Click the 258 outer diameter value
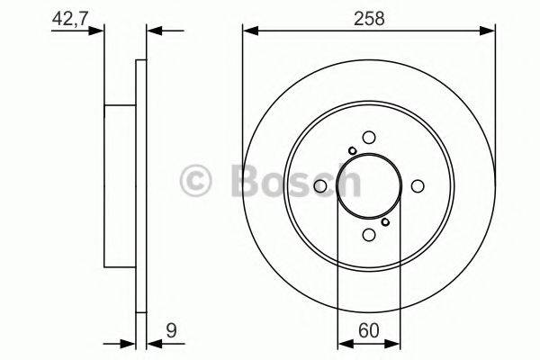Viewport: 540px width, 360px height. point(369,19)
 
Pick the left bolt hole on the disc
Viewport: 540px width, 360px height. point(320,185)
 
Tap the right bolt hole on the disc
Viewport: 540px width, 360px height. point(418,185)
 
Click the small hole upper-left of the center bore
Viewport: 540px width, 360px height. point(353,150)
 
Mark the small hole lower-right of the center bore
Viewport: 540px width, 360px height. point(385,221)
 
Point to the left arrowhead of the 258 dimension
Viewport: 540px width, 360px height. point(249,31)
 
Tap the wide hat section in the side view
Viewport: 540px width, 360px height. point(120,185)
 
